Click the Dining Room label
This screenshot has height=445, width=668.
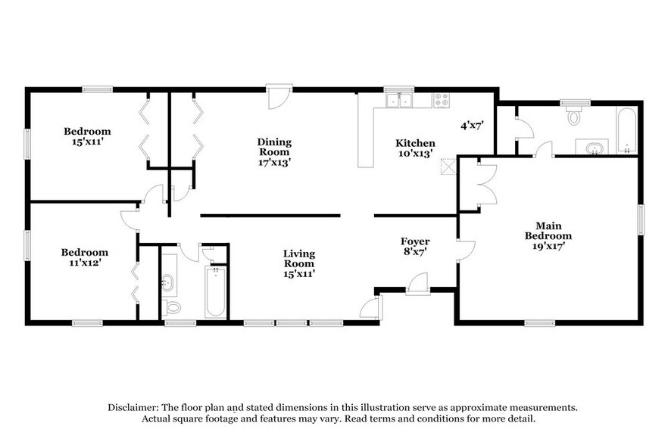pos(274,151)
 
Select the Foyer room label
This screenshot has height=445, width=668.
pos(415,247)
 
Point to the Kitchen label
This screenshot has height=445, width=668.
pos(416,148)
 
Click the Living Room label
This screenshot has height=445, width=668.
pos(299,263)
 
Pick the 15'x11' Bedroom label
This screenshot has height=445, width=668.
pos(87,136)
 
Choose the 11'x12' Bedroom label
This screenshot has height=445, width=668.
pos(85,257)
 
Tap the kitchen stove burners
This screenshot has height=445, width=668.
pos(440,100)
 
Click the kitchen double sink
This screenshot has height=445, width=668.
pos(398,100)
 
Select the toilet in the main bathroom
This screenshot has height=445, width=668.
pos(574,115)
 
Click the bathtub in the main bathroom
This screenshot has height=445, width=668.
pos(626,130)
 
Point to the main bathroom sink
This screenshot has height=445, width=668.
pos(592,146)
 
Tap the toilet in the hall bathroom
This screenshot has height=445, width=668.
pos(172,307)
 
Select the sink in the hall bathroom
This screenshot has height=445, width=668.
pos(169,283)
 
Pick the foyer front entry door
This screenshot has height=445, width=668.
pos(417,285)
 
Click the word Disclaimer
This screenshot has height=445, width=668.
pos(133,406)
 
